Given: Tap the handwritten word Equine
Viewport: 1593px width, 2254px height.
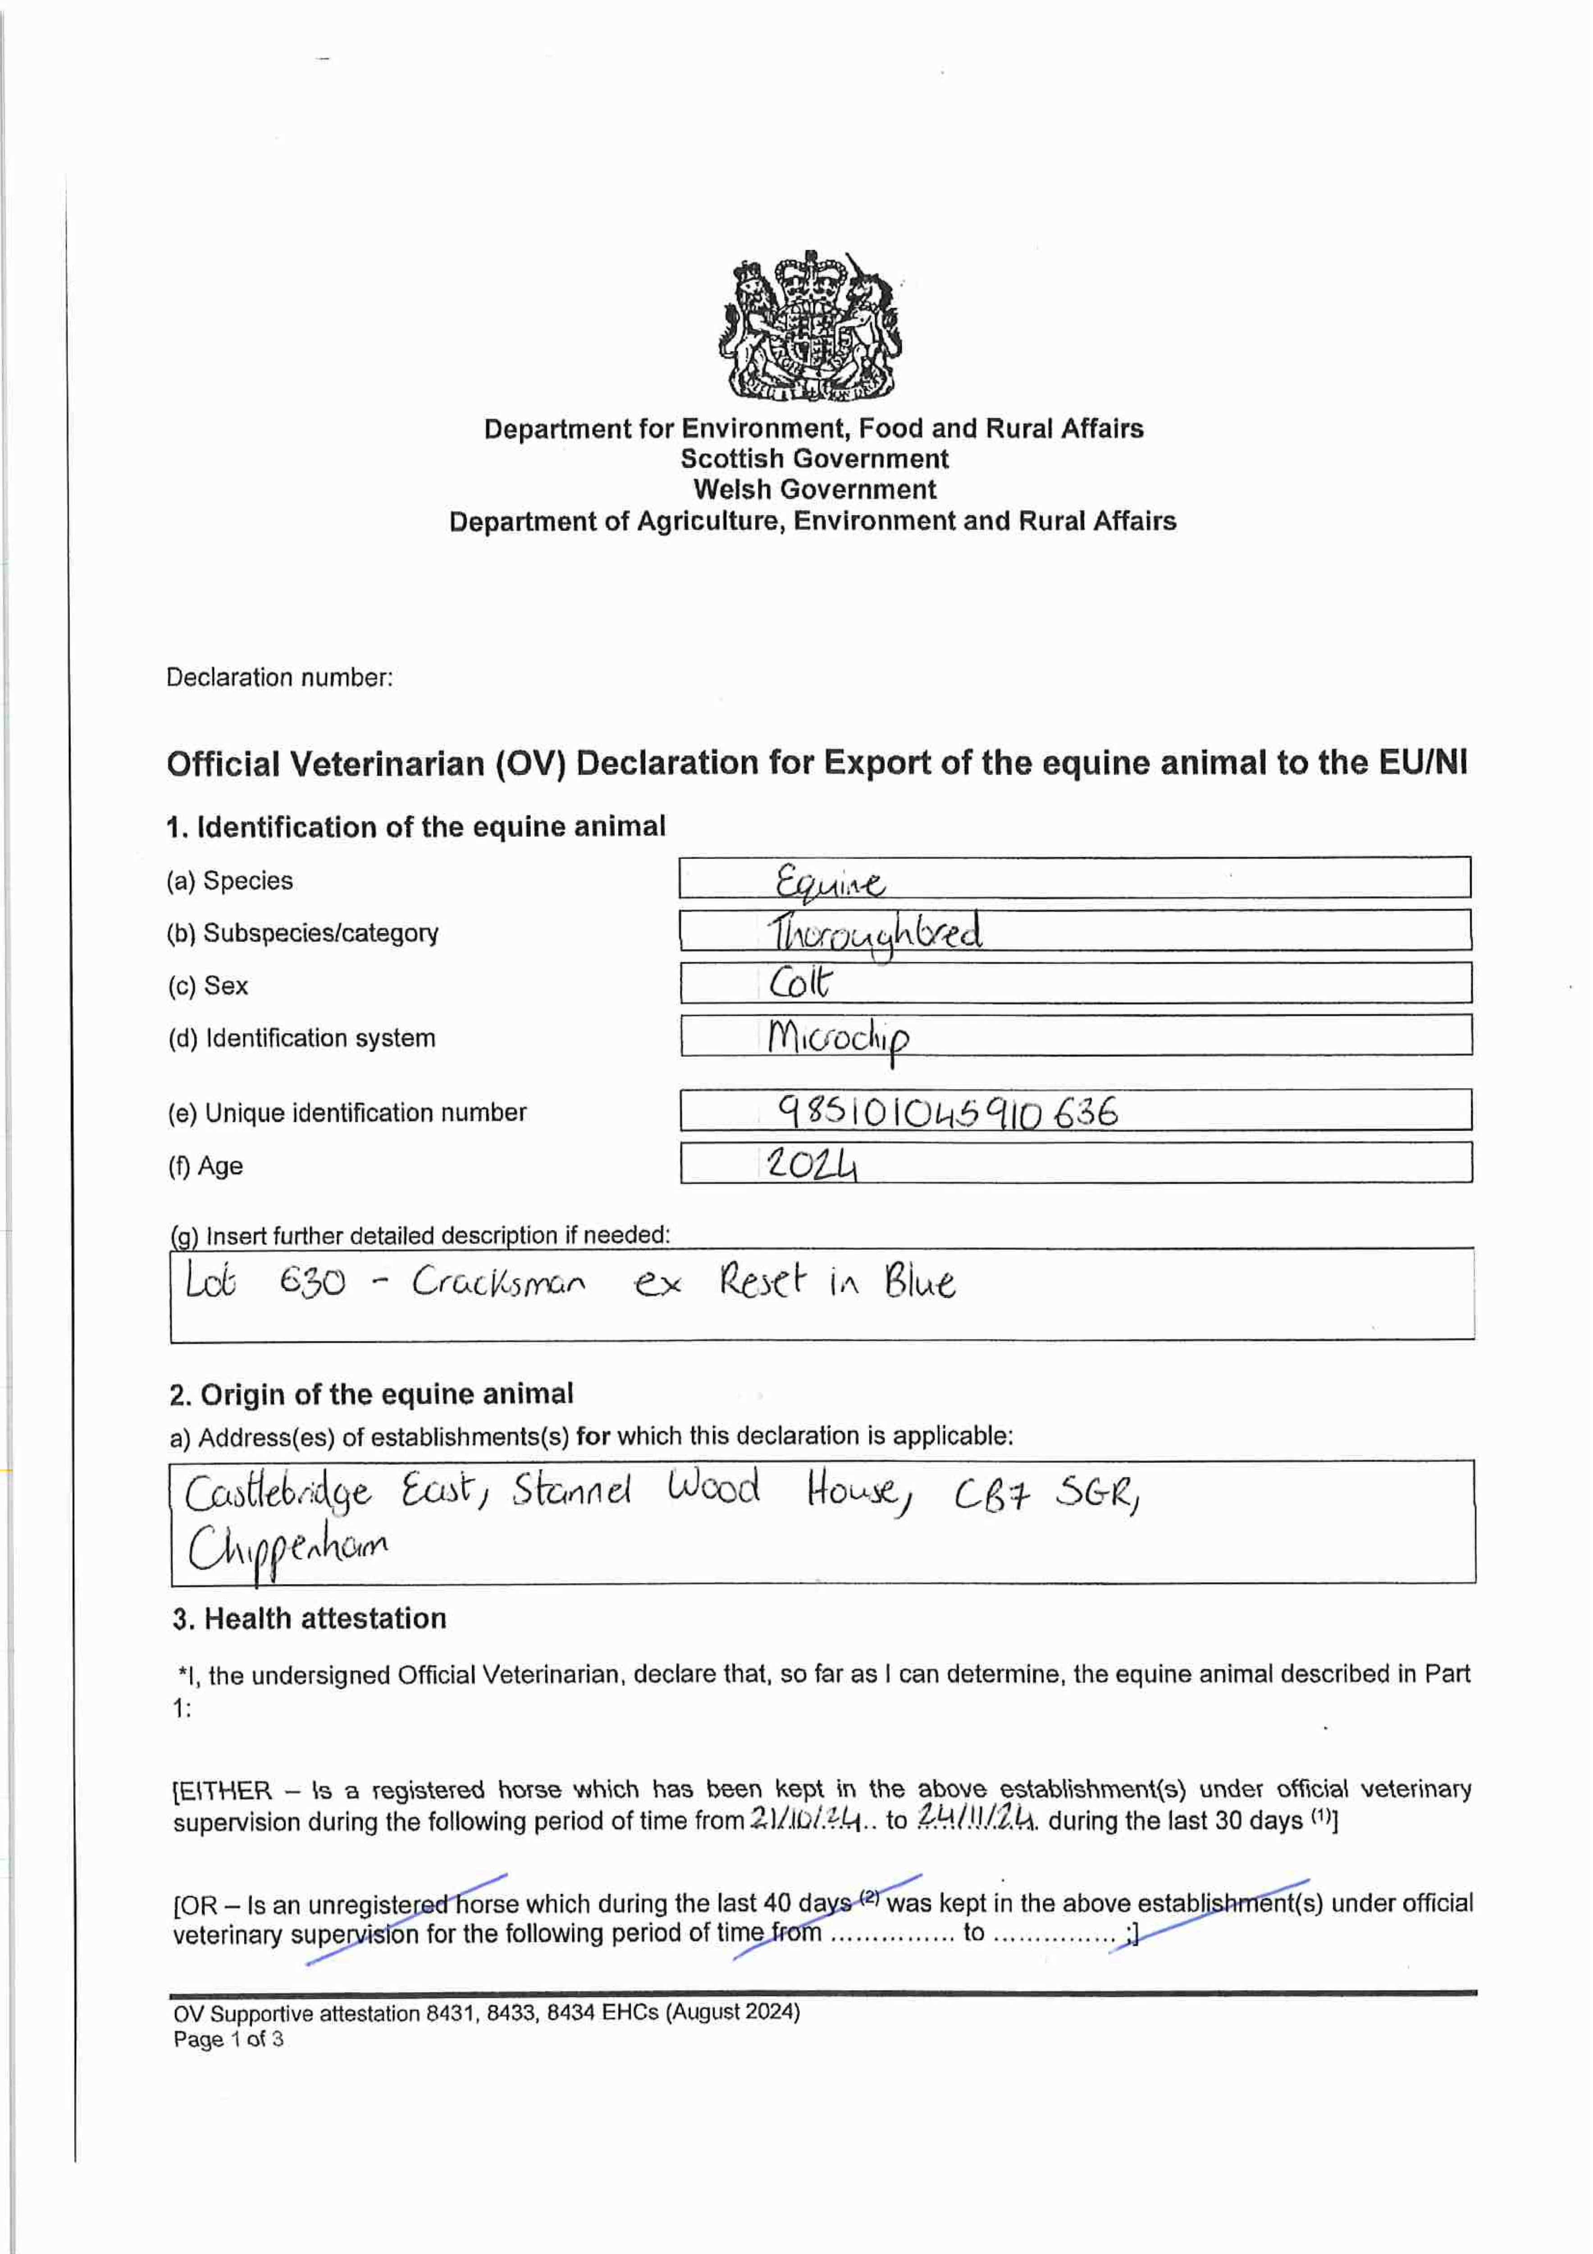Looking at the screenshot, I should click(829, 882).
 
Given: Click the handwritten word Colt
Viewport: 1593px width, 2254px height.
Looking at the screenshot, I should click(800, 982).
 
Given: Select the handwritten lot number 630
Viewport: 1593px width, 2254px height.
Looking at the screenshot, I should click(312, 1282).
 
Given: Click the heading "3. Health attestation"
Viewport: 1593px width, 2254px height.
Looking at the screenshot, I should click(309, 1619).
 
